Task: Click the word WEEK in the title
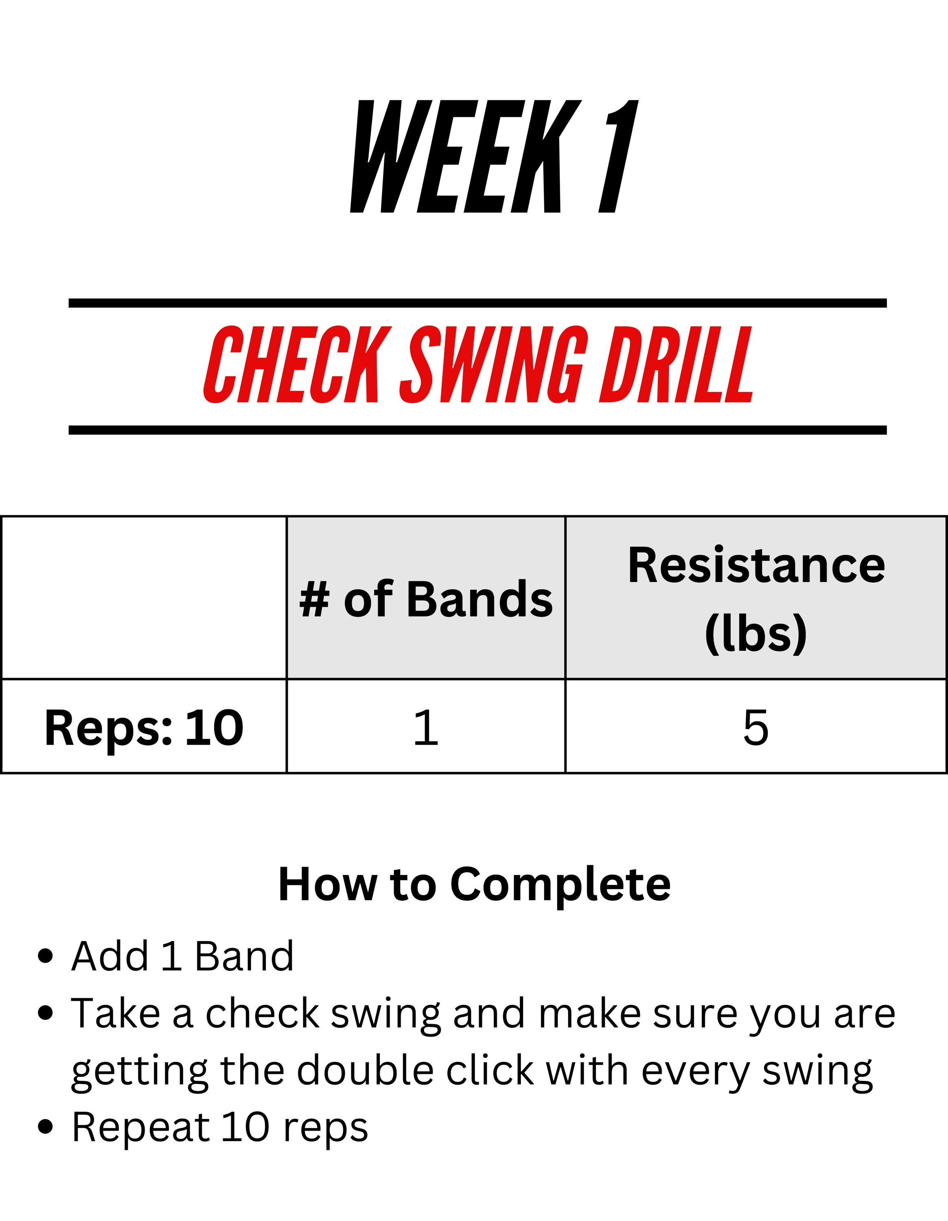466,157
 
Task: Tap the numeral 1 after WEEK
619,157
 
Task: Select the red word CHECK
298,365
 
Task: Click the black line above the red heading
477,303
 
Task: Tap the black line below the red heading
477,430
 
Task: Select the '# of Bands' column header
426,599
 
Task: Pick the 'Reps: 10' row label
144,728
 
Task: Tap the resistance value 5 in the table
756,727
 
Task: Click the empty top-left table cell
144,597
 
